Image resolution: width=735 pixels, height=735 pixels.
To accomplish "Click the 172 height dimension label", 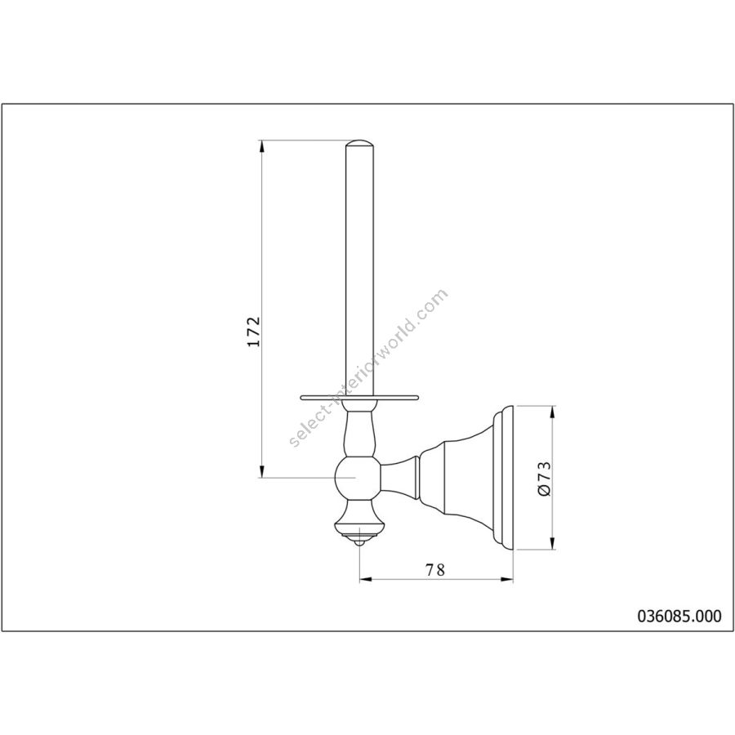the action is pyautogui.click(x=254, y=332).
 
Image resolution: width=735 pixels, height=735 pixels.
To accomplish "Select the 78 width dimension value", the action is pyautogui.click(x=434, y=569).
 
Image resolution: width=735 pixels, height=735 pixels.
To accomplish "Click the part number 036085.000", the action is pyautogui.click(x=679, y=616).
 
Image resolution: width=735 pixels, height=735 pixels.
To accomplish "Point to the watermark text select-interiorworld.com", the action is pyautogui.click(x=369, y=368).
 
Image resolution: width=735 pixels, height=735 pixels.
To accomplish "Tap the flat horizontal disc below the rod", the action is pyautogui.click(x=359, y=399).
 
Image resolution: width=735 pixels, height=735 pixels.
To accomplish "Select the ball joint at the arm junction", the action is pyautogui.click(x=359, y=478).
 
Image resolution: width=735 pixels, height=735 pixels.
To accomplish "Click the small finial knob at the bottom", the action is pyautogui.click(x=359, y=543).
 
